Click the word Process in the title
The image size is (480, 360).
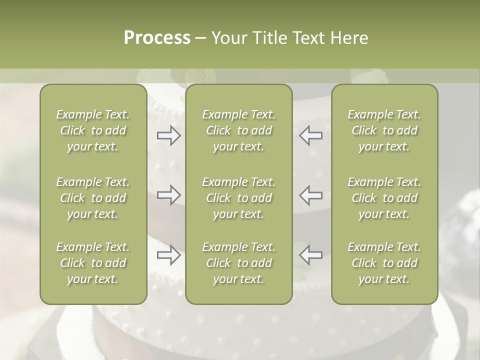tap(157, 38)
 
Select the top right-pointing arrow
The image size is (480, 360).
tap(168, 135)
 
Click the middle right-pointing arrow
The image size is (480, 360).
tap(168, 195)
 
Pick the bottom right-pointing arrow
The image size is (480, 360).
tap(168, 255)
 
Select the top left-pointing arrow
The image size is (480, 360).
tap(311, 135)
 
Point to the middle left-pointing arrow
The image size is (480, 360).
tap(311, 195)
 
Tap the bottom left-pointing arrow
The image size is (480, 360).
tap(311, 255)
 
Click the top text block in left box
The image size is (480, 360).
tap(93, 130)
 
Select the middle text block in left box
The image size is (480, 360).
tap(93, 198)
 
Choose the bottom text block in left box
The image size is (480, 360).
tap(93, 263)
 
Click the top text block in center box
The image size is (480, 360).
tap(239, 130)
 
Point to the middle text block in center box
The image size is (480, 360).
tap(239, 198)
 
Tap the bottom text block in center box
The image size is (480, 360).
tap(239, 263)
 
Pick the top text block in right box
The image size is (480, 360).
tap(384, 130)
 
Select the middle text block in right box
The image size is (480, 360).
tap(384, 198)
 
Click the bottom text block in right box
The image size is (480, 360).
tap(384, 263)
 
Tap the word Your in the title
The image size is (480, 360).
tap(229, 38)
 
